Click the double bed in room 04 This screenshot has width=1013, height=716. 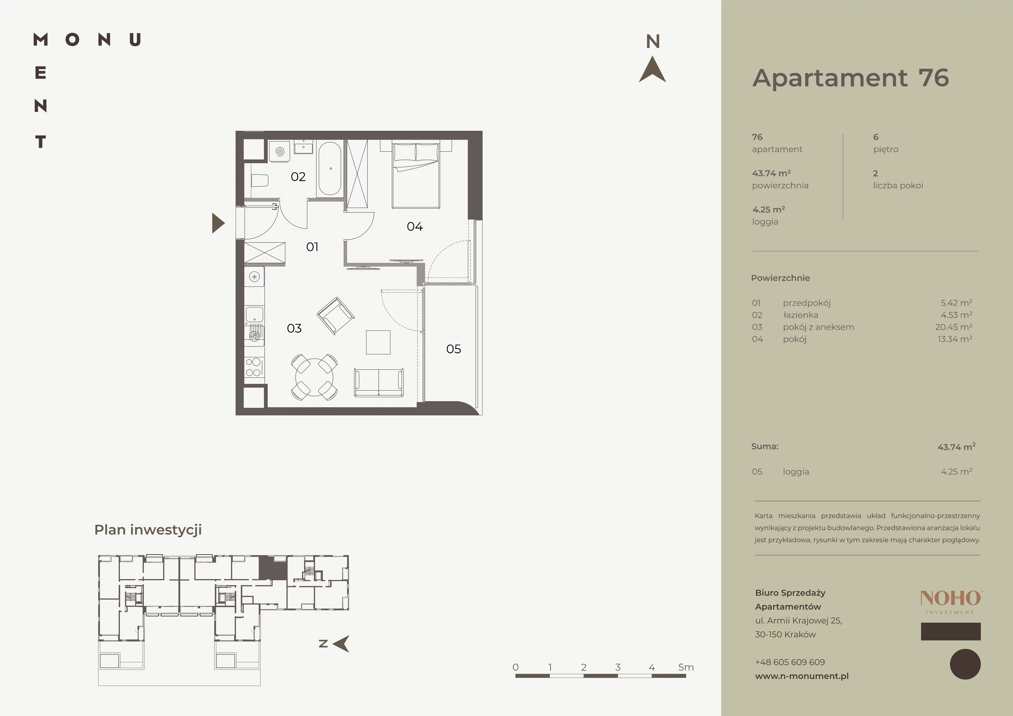click(416, 174)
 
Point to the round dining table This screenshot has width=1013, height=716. click(314, 377)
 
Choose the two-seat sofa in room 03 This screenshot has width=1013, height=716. click(379, 382)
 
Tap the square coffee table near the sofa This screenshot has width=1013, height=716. click(378, 342)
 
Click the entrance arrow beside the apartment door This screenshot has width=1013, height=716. click(218, 223)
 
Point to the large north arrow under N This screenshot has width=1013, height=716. click(653, 69)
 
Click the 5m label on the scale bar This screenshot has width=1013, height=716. click(686, 667)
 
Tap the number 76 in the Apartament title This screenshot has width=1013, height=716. click(934, 78)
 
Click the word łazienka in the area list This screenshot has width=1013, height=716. click(800, 315)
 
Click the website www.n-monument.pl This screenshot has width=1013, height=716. click(802, 676)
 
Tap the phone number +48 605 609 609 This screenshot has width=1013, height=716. click(790, 662)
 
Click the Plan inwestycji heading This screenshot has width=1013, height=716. click(148, 530)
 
